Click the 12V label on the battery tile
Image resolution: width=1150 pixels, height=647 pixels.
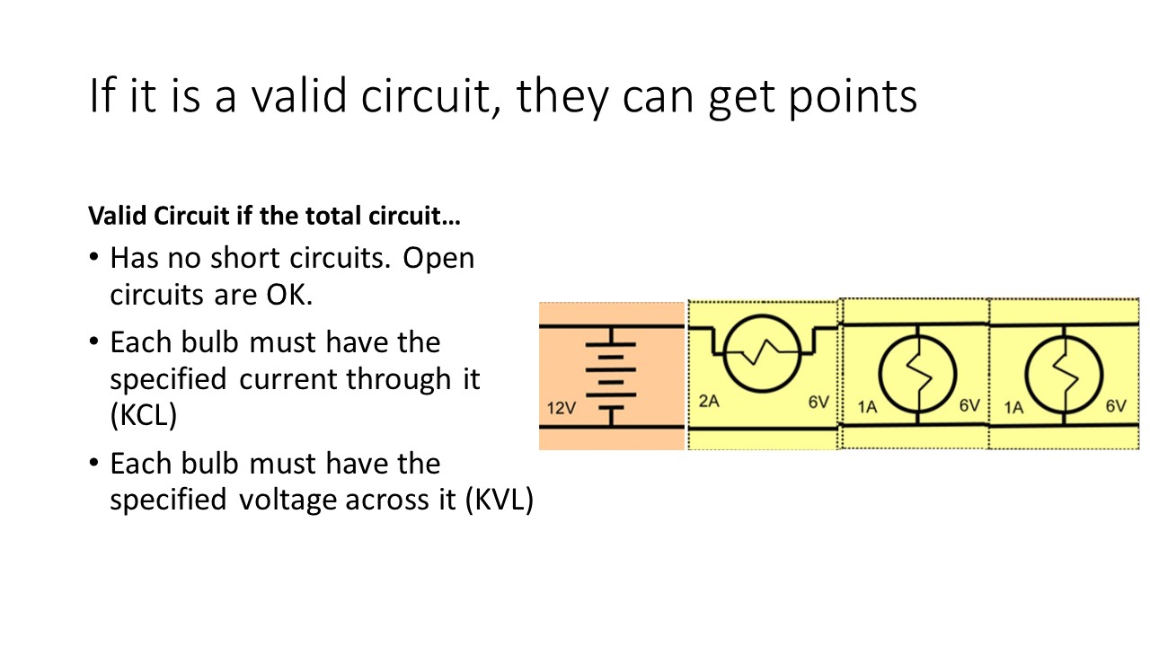pos(562,409)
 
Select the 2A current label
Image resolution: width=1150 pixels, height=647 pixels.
pos(709,403)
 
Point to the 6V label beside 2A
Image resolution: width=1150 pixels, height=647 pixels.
pos(818,403)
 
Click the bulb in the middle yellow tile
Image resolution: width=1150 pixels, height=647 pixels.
pos(916,369)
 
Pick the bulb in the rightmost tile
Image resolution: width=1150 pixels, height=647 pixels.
pos(1065,369)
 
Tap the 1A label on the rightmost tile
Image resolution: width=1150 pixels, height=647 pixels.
pos(1013,407)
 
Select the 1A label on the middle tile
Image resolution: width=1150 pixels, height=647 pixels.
pos(867,407)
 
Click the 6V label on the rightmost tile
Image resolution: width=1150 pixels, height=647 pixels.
pos(1116,406)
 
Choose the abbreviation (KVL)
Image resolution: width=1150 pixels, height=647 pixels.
pos(499,500)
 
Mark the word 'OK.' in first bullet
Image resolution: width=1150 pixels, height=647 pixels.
pos(287,295)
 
